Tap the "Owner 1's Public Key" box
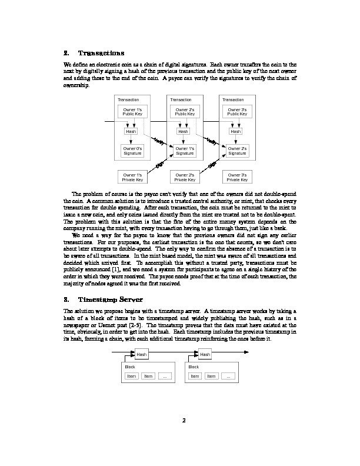click(x=131, y=112)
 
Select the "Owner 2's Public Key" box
click(x=184, y=112)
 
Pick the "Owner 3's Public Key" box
click(x=236, y=112)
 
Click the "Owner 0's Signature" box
click(x=131, y=151)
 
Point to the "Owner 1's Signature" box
click(x=184, y=151)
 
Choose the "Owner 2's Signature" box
click(x=236, y=151)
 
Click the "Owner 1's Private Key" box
click(x=131, y=177)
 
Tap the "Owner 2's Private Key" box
click(x=184, y=177)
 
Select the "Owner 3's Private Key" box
click(x=236, y=177)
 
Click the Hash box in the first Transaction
click(x=131, y=131)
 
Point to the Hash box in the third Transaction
click(x=236, y=131)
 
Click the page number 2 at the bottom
click(x=184, y=420)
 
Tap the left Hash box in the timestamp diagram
click(x=142, y=354)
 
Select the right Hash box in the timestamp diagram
click(x=204, y=354)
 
